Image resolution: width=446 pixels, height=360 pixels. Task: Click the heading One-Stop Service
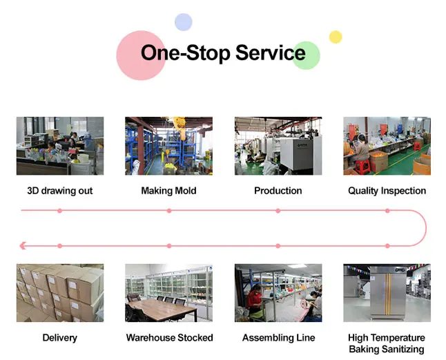pyautogui.click(x=222, y=53)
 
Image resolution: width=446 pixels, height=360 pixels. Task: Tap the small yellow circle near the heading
pyautogui.click(x=336, y=37)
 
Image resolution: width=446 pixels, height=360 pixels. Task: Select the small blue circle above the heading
pyautogui.click(x=183, y=22)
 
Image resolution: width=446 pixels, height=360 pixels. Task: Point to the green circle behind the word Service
pyautogui.click(x=306, y=55)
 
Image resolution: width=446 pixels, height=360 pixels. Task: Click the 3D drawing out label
pyautogui.click(x=59, y=191)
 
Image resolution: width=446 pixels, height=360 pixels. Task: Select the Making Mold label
pyautogui.click(x=168, y=191)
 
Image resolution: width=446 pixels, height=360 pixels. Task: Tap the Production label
pyautogui.click(x=278, y=191)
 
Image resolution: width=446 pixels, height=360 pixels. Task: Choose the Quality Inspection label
pyautogui.click(x=387, y=191)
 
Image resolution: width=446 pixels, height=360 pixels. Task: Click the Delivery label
pyautogui.click(x=59, y=338)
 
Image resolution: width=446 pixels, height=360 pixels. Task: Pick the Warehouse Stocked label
pyautogui.click(x=169, y=338)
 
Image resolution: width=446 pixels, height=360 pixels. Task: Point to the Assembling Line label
pyautogui.click(x=278, y=338)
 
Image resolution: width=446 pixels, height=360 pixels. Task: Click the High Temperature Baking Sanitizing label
pyautogui.click(x=387, y=343)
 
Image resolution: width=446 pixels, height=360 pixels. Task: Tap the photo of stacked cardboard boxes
pyautogui.click(x=59, y=292)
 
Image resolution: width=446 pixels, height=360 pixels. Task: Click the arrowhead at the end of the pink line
pyautogui.click(x=23, y=245)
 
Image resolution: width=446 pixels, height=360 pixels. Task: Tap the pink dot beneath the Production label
pyautogui.click(x=278, y=210)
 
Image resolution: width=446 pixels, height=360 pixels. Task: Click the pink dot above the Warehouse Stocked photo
pyautogui.click(x=169, y=245)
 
